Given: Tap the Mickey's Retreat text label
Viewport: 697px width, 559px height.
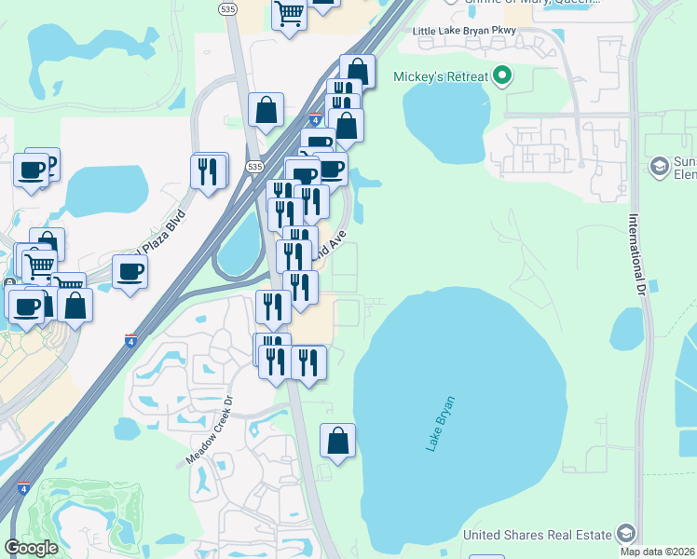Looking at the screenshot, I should coord(441,76).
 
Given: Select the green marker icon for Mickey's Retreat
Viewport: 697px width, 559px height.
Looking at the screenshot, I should coord(502,75).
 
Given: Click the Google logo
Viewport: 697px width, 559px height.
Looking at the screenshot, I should coord(31,548).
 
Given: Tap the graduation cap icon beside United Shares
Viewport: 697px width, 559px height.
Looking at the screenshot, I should coord(625,534).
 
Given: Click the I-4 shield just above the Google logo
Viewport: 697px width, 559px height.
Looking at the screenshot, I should coord(23,487).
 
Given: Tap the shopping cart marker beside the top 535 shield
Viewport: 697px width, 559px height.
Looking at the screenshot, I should coord(290,15).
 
